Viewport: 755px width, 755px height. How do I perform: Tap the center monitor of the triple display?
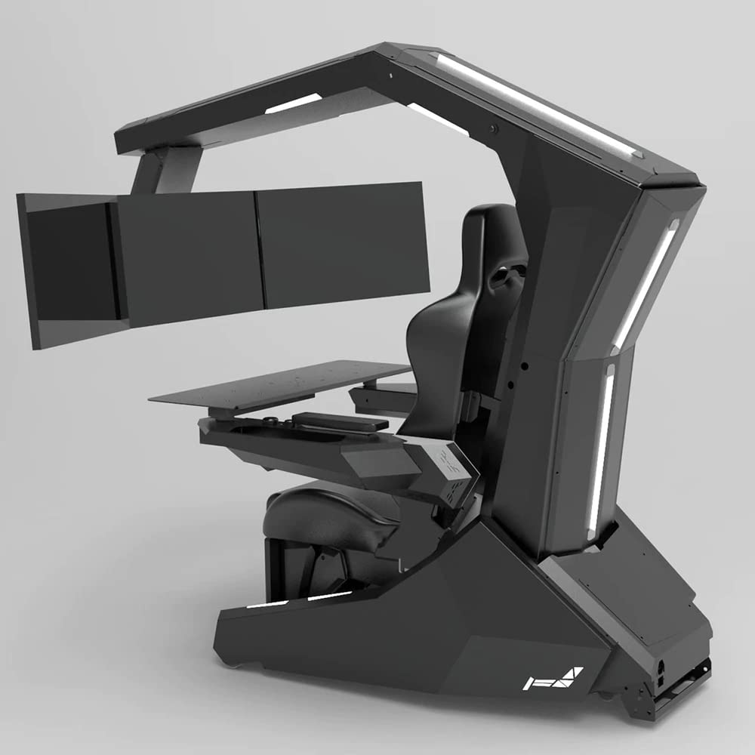click(189, 257)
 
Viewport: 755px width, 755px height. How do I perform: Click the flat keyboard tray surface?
click(279, 385)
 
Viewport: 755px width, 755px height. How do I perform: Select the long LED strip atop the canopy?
click(536, 102)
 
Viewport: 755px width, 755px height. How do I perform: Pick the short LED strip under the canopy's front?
click(293, 103)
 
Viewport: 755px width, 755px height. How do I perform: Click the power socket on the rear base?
click(661, 669)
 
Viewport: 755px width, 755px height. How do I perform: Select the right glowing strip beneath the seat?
click(329, 596)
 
